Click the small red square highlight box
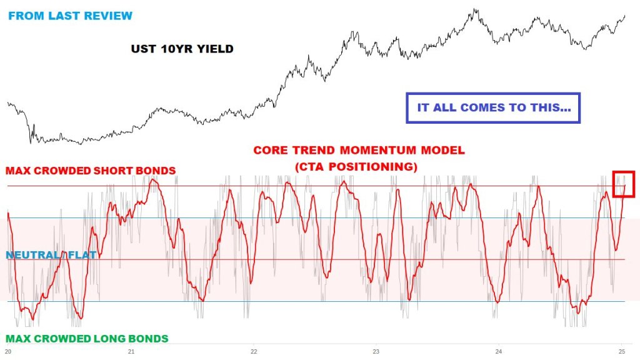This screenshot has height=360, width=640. point(624,184)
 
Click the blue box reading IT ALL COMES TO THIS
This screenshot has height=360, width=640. point(493,107)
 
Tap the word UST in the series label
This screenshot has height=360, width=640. point(142,49)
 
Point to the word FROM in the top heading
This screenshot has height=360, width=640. point(24,16)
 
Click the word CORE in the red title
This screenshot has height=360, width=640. point(268,151)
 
